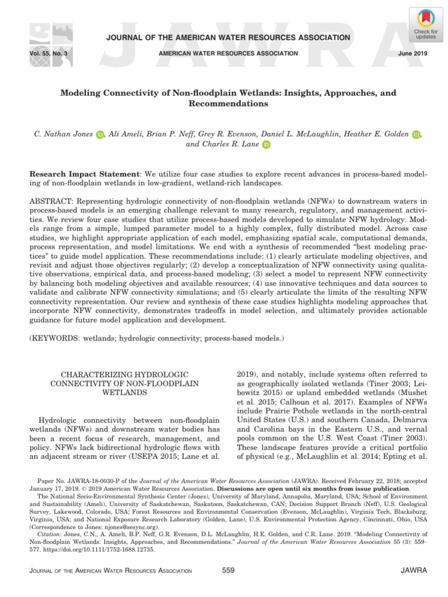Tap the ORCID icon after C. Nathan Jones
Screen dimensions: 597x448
(x=99, y=135)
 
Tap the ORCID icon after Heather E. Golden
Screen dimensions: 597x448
(x=416, y=135)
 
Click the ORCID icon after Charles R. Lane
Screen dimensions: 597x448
(x=266, y=145)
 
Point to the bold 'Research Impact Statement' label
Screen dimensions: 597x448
(x=83, y=174)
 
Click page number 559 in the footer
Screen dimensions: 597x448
(x=228, y=570)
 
